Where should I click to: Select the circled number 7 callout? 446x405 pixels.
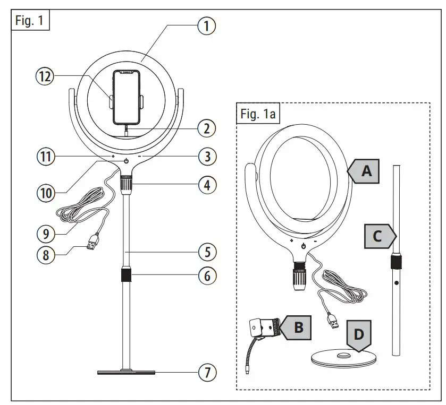click(207, 373)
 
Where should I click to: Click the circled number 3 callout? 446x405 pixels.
click(207, 157)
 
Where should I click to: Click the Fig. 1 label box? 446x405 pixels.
click(30, 23)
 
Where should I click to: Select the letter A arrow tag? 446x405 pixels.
click(363, 171)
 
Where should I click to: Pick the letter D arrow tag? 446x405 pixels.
click(359, 335)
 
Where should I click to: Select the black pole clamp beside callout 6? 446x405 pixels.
click(127, 276)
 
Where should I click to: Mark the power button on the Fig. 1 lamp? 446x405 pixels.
click(127, 161)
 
